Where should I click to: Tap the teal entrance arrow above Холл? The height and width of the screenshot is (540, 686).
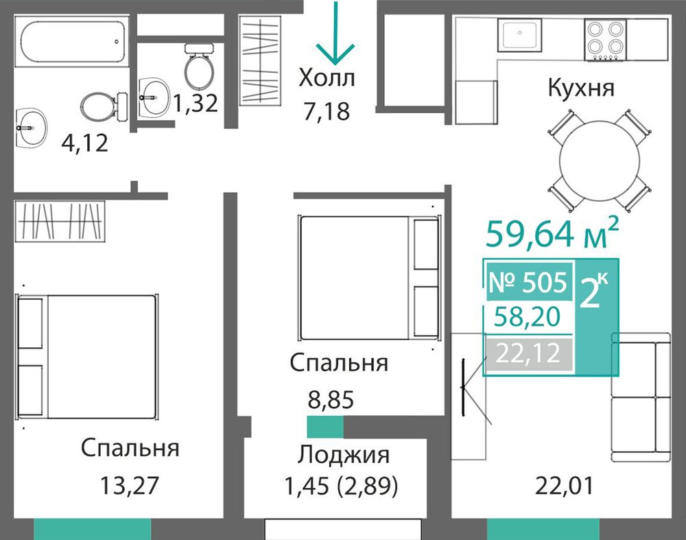(336, 33)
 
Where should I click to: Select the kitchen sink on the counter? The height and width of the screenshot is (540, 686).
(519, 34)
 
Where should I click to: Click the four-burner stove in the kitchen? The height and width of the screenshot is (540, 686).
(605, 40)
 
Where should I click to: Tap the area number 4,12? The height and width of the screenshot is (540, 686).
(84, 143)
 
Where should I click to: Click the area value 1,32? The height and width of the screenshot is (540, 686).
(195, 104)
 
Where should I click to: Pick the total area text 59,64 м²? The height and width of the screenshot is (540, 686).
(552, 233)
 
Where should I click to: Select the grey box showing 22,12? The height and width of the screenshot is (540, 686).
(528, 353)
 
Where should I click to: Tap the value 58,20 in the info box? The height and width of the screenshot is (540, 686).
(527, 316)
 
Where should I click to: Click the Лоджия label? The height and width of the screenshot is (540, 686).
(344, 454)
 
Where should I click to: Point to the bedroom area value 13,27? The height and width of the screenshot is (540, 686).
(130, 485)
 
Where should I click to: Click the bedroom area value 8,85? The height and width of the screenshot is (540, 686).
(331, 399)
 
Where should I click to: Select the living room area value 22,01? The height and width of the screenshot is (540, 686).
(565, 485)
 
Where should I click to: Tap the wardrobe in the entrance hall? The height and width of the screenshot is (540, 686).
(260, 60)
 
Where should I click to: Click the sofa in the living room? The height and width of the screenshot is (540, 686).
(641, 397)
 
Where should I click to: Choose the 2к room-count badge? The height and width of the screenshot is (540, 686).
(593, 291)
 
